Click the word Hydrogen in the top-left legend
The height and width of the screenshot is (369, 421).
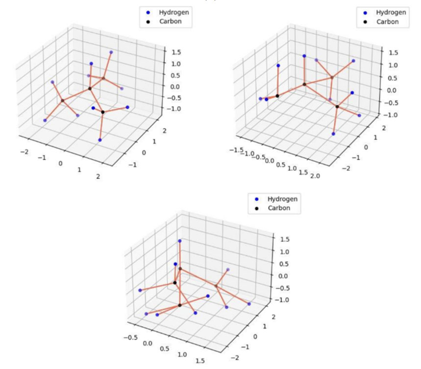tap(173, 12)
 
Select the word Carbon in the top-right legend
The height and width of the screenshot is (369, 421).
tap(388, 22)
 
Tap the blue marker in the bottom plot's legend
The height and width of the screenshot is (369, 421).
tap(257, 199)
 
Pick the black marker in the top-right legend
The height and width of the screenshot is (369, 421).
tap(365, 22)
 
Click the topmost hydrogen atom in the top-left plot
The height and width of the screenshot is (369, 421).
tap(111, 52)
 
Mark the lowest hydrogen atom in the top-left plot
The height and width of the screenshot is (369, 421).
tap(100, 140)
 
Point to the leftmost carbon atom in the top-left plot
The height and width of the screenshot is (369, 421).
tap(63, 100)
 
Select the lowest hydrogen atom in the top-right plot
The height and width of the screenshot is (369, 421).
tap(333, 134)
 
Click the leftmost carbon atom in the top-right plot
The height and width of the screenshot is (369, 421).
tap(277, 96)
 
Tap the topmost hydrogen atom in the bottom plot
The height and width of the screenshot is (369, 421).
tap(179, 241)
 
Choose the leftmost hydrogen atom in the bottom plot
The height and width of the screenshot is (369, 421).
tap(140, 290)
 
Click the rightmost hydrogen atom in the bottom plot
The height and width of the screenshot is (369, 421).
tap(249, 304)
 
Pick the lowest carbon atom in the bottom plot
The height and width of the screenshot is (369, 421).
tap(179, 305)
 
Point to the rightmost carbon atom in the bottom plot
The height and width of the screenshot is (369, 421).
tap(216, 286)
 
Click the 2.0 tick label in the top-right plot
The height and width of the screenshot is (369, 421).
tap(315, 176)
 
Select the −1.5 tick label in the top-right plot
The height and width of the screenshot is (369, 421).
tap(237, 150)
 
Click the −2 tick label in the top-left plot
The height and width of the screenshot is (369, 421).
tap(25, 152)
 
